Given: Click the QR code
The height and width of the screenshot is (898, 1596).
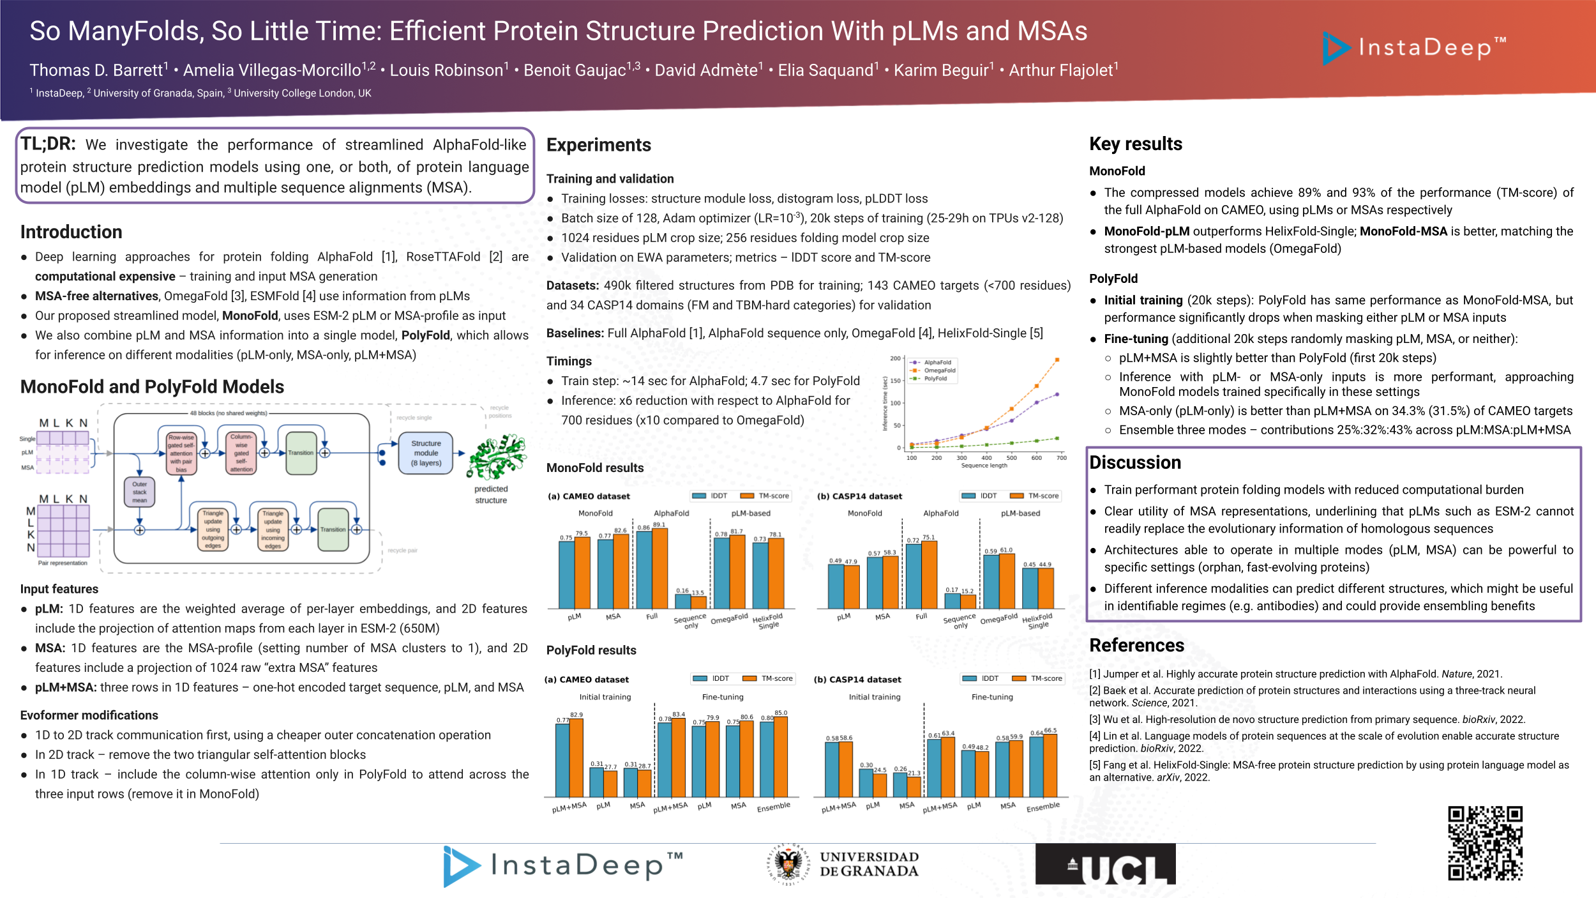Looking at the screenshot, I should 1485,843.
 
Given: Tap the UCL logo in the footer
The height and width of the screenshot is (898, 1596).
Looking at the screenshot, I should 1105,864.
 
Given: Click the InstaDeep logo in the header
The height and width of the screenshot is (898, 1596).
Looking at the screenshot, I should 1415,48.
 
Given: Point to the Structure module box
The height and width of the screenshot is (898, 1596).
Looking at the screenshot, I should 426,453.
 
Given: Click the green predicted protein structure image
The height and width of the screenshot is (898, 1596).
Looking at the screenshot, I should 497,457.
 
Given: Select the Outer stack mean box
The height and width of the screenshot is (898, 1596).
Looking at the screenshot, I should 139,492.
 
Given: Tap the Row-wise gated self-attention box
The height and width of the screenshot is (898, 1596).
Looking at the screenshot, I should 181,453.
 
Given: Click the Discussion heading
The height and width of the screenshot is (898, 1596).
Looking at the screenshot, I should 1135,462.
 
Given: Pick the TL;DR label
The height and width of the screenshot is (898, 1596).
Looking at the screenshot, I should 48,144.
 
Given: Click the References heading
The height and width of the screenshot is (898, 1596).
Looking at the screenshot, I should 1136,645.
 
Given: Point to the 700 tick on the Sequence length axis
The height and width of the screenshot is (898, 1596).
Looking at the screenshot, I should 1061,458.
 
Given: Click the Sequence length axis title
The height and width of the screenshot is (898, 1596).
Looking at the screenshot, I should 984,466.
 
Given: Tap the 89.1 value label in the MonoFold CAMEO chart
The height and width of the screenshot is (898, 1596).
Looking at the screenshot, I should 659,525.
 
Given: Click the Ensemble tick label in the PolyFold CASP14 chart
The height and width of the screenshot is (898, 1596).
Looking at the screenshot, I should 1043,807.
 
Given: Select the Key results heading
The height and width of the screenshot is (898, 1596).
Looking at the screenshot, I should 1136,144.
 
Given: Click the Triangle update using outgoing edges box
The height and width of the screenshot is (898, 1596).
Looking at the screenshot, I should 213,529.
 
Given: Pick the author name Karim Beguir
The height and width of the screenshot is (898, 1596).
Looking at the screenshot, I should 943,70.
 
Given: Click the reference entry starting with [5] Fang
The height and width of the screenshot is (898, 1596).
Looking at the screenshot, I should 1329,771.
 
